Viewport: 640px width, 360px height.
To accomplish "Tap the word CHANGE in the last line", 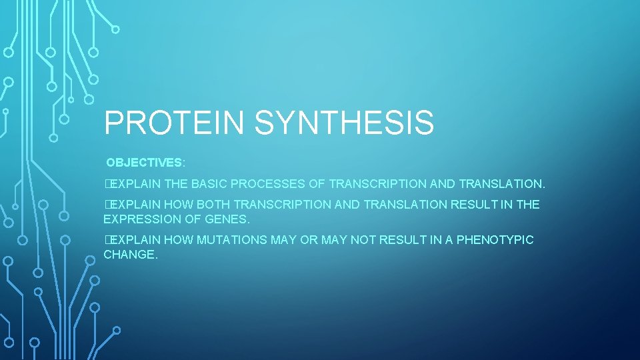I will coord(130,254).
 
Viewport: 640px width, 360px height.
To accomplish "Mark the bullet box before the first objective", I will coord(107,183).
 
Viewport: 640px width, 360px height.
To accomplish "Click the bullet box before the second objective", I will coord(107,205).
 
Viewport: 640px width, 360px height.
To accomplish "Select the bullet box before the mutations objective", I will coord(107,240).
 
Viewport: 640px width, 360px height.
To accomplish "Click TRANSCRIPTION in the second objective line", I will coord(287,205).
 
